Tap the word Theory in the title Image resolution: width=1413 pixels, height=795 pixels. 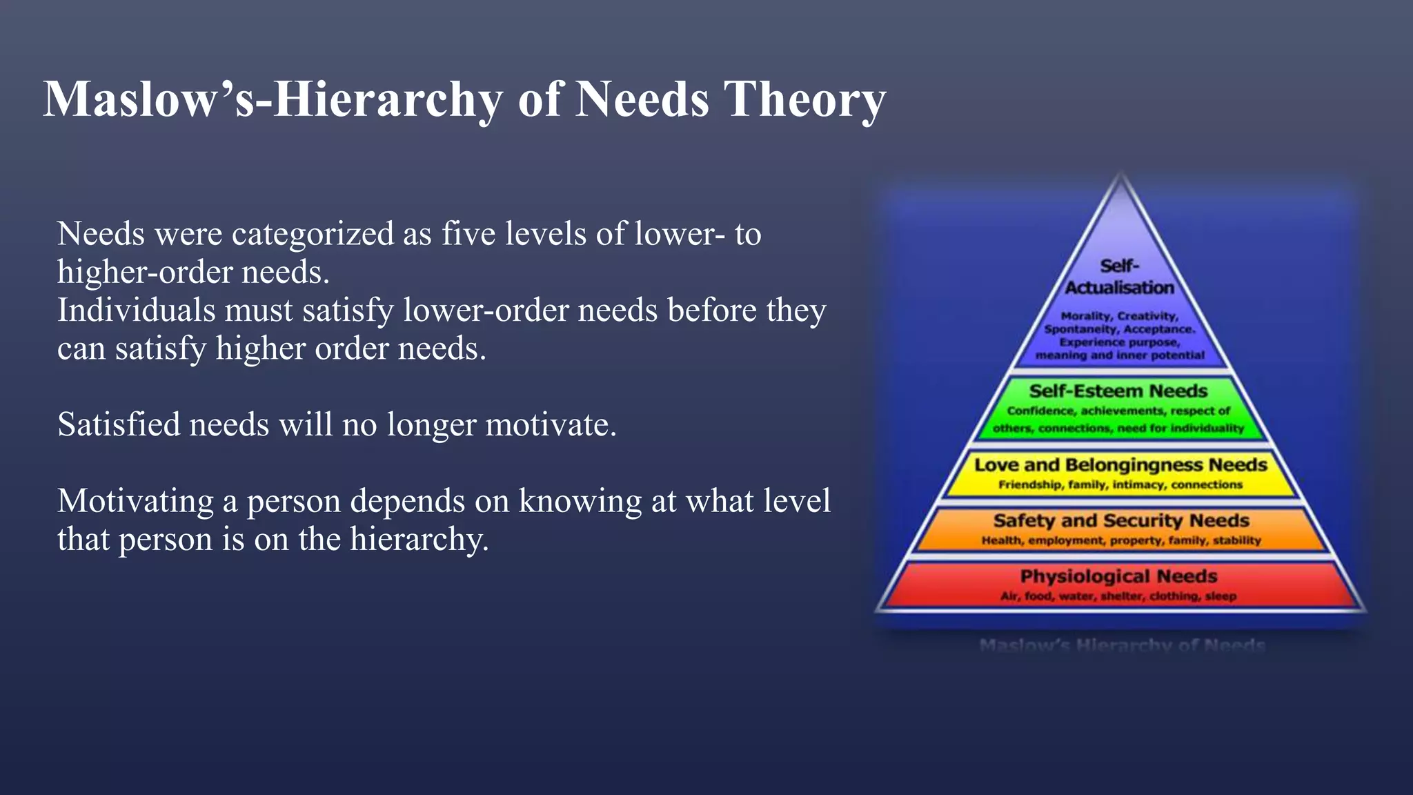(x=804, y=100)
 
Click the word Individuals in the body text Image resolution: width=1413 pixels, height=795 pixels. (x=136, y=311)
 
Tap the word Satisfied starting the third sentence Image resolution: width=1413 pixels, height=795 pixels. (x=118, y=424)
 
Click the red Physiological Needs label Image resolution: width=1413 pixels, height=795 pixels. (x=1118, y=576)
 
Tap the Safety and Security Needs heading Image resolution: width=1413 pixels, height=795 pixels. (x=1120, y=520)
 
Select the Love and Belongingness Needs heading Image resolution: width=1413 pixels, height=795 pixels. (x=1120, y=464)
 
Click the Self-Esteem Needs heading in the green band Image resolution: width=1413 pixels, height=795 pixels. (x=1118, y=391)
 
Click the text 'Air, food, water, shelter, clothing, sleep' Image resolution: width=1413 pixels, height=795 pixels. (x=1118, y=596)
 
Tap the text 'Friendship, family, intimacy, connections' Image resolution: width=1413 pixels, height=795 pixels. (x=1120, y=484)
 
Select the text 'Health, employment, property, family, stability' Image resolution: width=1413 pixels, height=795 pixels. (x=1120, y=540)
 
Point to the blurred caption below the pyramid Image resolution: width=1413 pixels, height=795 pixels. (x=1122, y=645)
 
